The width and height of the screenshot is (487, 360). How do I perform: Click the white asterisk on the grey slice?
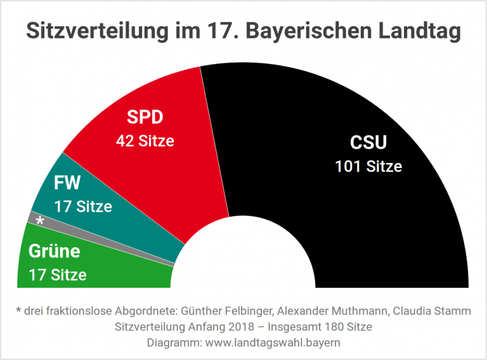pyautogui.click(x=40, y=221)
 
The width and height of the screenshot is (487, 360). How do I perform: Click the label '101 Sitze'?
pyautogui.click(x=368, y=167)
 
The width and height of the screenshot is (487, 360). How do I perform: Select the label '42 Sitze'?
pyautogui.click(x=145, y=141)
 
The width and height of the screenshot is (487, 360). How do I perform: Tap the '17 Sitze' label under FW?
pyautogui.click(x=83, y=206)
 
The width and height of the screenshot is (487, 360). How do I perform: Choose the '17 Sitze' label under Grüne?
pyautogui.click(x=58, y=274)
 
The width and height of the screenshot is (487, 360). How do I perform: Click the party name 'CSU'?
pyautogui.click(x=368, y=142)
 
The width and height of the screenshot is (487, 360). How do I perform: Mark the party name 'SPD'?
pyautogui.click(x=145, y=118)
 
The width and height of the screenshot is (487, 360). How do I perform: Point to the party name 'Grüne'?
pyautogui.click(x=55, y=251)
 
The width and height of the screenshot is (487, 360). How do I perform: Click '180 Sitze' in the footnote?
pyautogui.click(x=346, y=327)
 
